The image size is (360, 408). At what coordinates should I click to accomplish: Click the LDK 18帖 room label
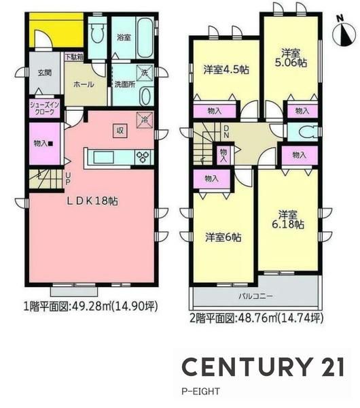[x=92, y=201]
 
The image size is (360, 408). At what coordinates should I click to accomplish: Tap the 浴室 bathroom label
[x=124, y=37]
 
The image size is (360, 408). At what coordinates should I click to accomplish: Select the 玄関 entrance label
[x=45, y=73]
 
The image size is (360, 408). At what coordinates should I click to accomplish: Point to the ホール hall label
[x=84, y=84]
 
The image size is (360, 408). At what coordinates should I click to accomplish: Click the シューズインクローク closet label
[x=44, y=109]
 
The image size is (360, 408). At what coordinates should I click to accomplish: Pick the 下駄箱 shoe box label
[x=74, y=56]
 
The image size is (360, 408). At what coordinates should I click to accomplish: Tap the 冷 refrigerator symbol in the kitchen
[x=145, y=120]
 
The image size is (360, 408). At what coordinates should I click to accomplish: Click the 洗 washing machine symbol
[x=145, y=73]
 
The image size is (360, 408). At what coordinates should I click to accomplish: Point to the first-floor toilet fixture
[x=97, y=34]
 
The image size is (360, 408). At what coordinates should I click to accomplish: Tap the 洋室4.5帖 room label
[x=226, y=70]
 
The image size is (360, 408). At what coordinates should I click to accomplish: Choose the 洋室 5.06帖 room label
[x=291, y=58]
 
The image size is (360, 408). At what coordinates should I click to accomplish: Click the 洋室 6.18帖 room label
[x=288, y=220]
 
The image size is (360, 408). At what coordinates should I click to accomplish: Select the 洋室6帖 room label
[x=223, y=237]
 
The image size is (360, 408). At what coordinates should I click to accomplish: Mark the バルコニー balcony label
[x=256, y=296]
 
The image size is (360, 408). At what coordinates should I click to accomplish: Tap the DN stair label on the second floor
[x=226, y=132]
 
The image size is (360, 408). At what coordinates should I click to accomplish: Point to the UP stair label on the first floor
[x=67, y=178]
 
